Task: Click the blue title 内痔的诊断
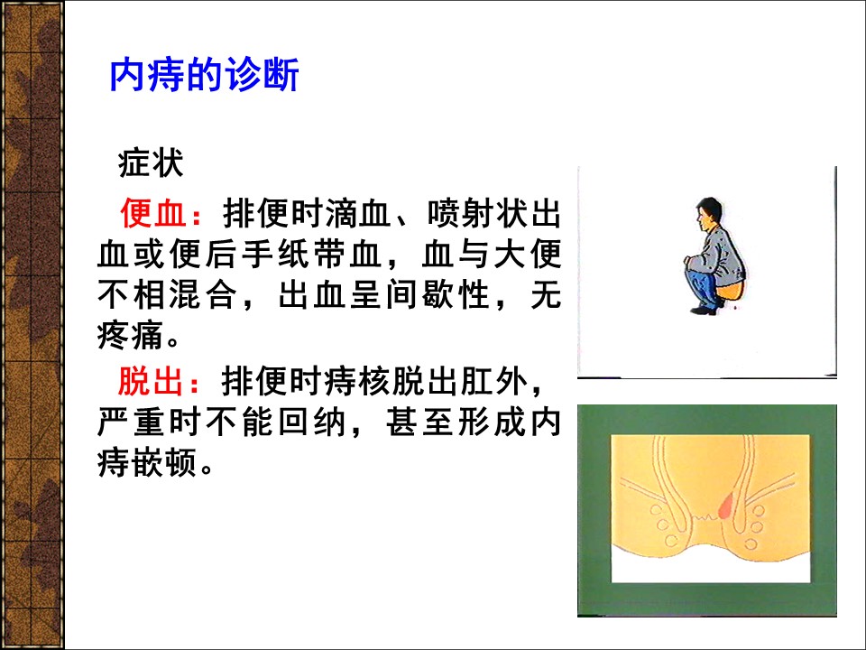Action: pyautogui.click(x=205, y=75)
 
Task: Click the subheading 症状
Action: pyautogui.click(x=151, y=163)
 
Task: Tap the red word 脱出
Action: pyautogui.click(x=151, y=381)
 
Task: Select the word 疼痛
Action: pyautogui.click(x=130, y=335)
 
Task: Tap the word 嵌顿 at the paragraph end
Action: pyautogui.click(x=164, y=462)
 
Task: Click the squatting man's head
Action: pyautogui.click(x=708, y=215)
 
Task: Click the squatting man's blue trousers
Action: pyautogui.click(x=705, y=287)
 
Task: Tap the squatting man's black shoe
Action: pyautogui.click(x=704, y=310)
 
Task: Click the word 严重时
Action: pyautogui.click(x=149, y=422)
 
